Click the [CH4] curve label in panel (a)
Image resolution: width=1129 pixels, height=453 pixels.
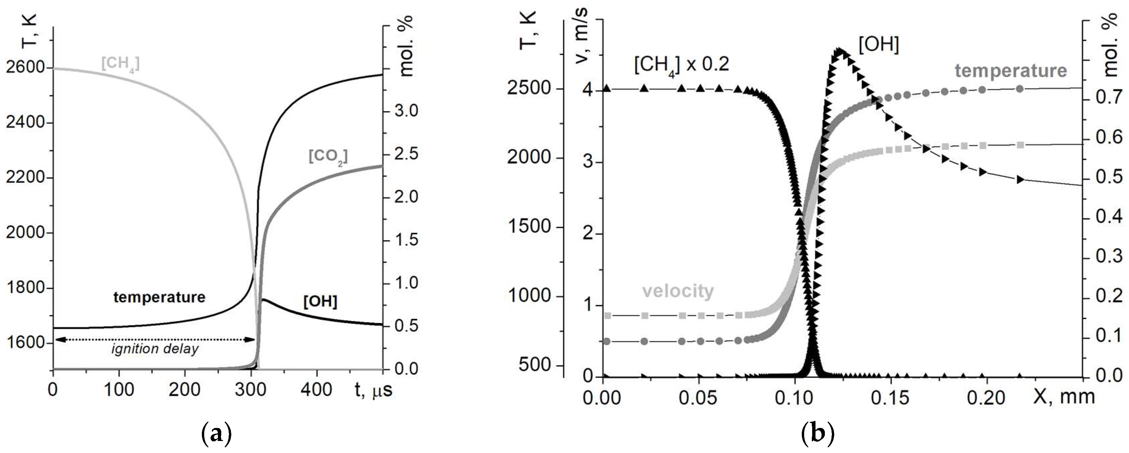pyautogui.click(x=120, y=64)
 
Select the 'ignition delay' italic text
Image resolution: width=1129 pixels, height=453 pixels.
pyautogui.click(x=155, y=349)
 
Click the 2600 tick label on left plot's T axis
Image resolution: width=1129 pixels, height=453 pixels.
pyautogui.click(x=25, y=67)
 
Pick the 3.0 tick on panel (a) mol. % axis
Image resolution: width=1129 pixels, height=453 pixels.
pyautogui.click(x=406, y=111)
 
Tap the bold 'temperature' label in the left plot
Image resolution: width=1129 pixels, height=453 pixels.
pyautogui.click(x=159, y=297)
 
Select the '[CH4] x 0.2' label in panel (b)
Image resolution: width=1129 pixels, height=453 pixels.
pyautogui.click(x=681, y=65)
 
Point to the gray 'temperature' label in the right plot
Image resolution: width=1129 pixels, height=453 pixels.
pyautogui.click(x=1011, y=70)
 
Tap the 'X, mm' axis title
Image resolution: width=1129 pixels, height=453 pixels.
pyautogui.click(x=1064, y=397)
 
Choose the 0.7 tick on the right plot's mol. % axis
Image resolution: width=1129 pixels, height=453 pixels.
pyautogui.click(x=1108, y=97)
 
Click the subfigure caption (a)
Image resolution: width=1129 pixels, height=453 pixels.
pyautogui.click(x=216, y=434)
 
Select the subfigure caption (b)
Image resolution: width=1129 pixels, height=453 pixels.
pyautogui.click(x=817, y=434)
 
